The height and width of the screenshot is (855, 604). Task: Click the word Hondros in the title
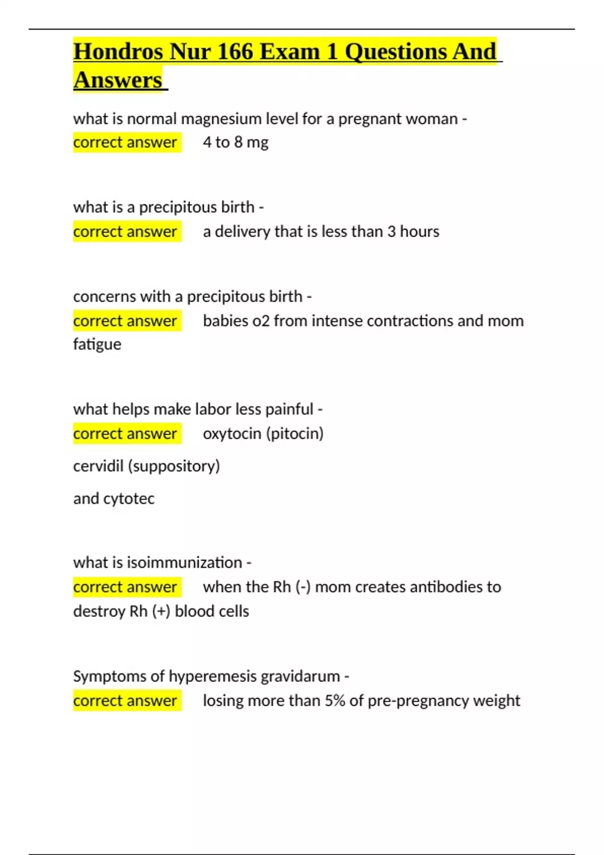118,52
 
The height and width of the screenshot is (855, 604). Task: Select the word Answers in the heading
118,80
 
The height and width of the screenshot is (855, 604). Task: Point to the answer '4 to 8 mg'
236,142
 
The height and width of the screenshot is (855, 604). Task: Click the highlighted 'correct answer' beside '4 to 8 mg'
125,142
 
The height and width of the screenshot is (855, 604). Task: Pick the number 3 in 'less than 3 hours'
391,231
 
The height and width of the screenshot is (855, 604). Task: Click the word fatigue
97,345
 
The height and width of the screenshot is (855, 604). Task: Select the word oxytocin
232,434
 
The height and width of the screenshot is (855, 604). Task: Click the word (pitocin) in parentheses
294,434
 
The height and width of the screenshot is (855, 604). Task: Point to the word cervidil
98,466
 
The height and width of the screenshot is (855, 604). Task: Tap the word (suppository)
174,466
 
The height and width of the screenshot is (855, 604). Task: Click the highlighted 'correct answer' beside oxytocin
125,434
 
